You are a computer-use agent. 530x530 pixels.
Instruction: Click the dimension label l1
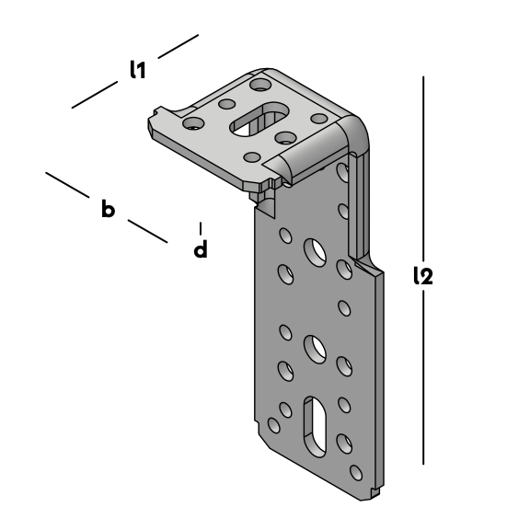pyautogui.click(x=138, y=70)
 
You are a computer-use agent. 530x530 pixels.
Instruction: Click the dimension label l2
pyautogui.click(x=423, y=276)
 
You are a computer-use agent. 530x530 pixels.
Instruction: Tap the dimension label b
pyautogui.click(x=108, y=209)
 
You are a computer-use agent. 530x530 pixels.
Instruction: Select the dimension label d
pyautogui.click(x=201, y=248)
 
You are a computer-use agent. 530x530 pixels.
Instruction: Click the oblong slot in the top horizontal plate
pyautogui.click(x=259, y=120)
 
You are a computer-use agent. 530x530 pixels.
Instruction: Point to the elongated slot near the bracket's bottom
pyautogui.click(x=315, y=427)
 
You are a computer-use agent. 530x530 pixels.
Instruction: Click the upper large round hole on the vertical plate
pyautogui.click(x=315, y=252)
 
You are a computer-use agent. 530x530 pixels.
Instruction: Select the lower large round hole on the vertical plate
pyautogui.click(x=315, y=350)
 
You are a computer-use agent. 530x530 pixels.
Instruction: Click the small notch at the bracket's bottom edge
pyautogui.click(x=374, y=490)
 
